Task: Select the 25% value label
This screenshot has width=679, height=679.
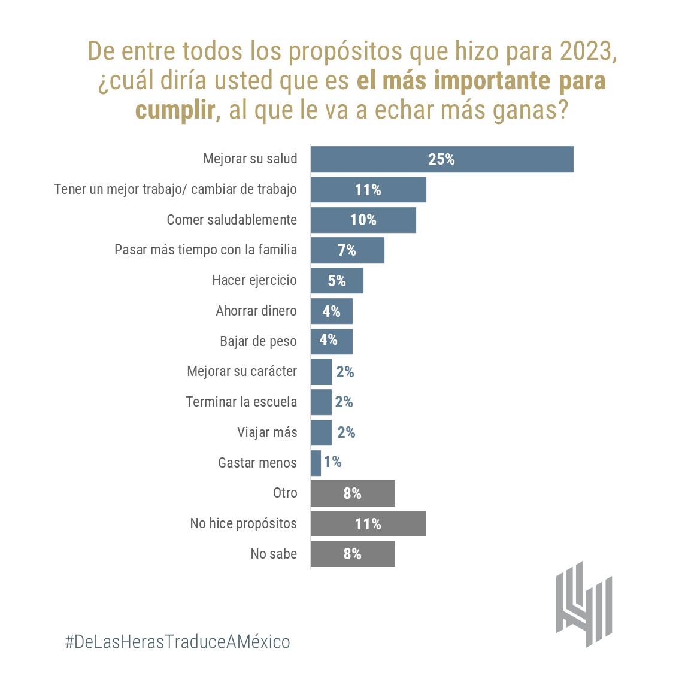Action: coord(441,159)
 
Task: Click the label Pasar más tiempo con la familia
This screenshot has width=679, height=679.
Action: coord(205,250)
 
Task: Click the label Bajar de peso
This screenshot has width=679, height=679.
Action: coord(258,341)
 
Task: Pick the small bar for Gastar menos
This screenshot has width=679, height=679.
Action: coord(316,463)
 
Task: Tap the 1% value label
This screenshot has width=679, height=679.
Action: coord(332,462)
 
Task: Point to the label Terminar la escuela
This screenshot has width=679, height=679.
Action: coord(241,402)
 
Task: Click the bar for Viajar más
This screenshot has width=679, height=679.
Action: coord(321,432)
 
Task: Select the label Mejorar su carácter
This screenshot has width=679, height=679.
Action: coord(242,371)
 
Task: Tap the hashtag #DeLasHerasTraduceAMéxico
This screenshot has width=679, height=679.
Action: coord(177,642)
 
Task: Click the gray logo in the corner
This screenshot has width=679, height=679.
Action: coord(583,605)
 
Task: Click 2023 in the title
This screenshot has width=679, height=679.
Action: coord(587,51)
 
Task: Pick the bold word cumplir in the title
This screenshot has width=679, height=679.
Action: coord(175,110)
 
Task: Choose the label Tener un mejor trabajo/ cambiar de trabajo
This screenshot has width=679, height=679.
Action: coord(175,190)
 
